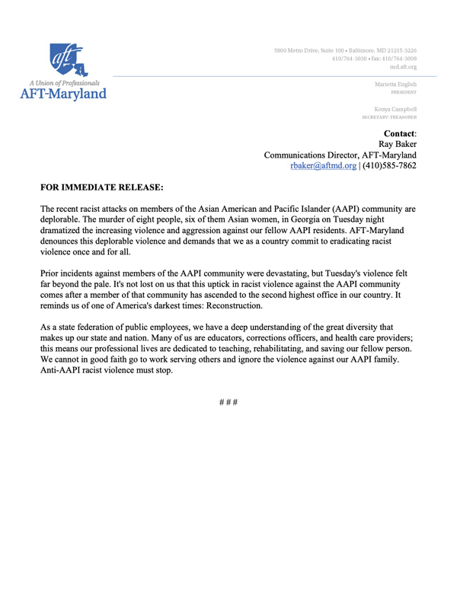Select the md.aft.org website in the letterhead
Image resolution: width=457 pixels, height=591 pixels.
coord(403,67)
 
